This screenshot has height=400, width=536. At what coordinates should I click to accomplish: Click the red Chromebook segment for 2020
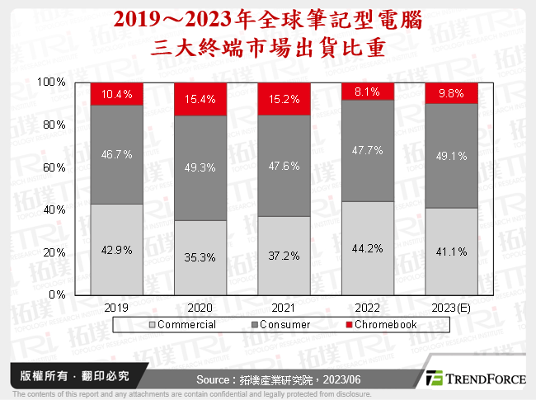[200, 99]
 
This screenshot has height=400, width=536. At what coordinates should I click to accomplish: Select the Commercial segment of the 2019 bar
[116, 248]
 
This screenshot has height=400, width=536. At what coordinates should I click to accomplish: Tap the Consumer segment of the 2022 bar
[367, 150]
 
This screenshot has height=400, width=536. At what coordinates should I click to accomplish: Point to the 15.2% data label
[283, 99]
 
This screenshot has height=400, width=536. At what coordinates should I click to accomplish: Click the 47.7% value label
[367, 151]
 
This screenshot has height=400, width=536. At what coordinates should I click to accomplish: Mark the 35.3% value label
[200, 256]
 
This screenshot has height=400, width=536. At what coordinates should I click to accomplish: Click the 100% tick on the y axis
[52, 82]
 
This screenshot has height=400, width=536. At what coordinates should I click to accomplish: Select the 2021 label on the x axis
[283, 307]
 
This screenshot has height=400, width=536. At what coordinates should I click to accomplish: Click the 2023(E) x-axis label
[450, 307]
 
